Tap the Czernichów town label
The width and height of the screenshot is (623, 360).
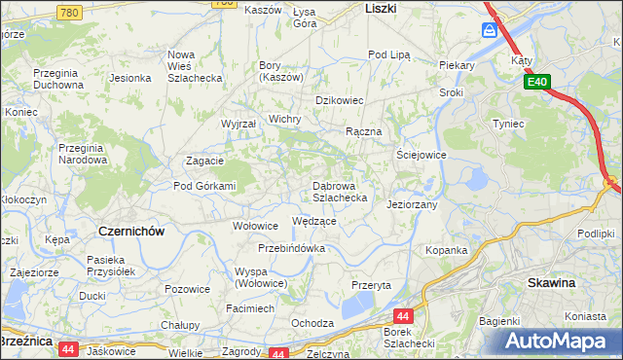pyautogui.click(x=131, y=231)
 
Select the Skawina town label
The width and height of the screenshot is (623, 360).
pyautogui.click(x=551, y=282)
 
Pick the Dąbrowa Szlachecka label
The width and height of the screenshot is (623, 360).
pyautogui.click(x=339, y=191)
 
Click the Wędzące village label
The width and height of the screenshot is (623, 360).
pyautogui.click(x=314, y=221)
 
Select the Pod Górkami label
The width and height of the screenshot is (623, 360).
pyautogui.click(x=204, y=186)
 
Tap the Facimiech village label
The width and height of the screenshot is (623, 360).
pyautogui.click(x=249, y=307)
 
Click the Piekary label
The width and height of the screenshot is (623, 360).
pyautogui.click(x=456, y=65)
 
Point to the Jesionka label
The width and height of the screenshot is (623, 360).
pyautogui.click(x=129, y=77)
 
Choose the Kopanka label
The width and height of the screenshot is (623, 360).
pyautogui.click(x=447, y=250)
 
